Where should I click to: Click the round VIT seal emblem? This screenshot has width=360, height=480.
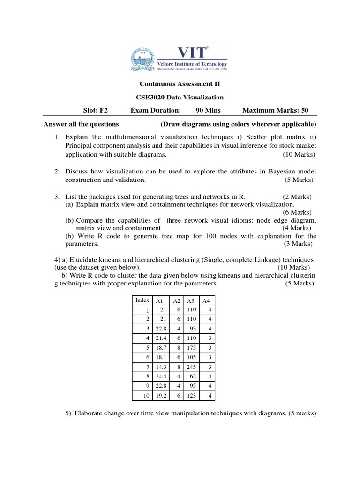pyautogui.click(x=143, y=57)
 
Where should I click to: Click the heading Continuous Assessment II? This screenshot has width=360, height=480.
pyautogui.click(x=180, y=84)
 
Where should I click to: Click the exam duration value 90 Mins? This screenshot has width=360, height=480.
pyautogui.click(x=208, y=110)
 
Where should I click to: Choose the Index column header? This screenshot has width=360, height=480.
pyautogui.click(x=142, y=300)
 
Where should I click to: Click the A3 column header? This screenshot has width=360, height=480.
pyautogui.click(x=191, y=301)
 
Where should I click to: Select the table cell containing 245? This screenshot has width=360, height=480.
pyautogui.click(x=191, y=367)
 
